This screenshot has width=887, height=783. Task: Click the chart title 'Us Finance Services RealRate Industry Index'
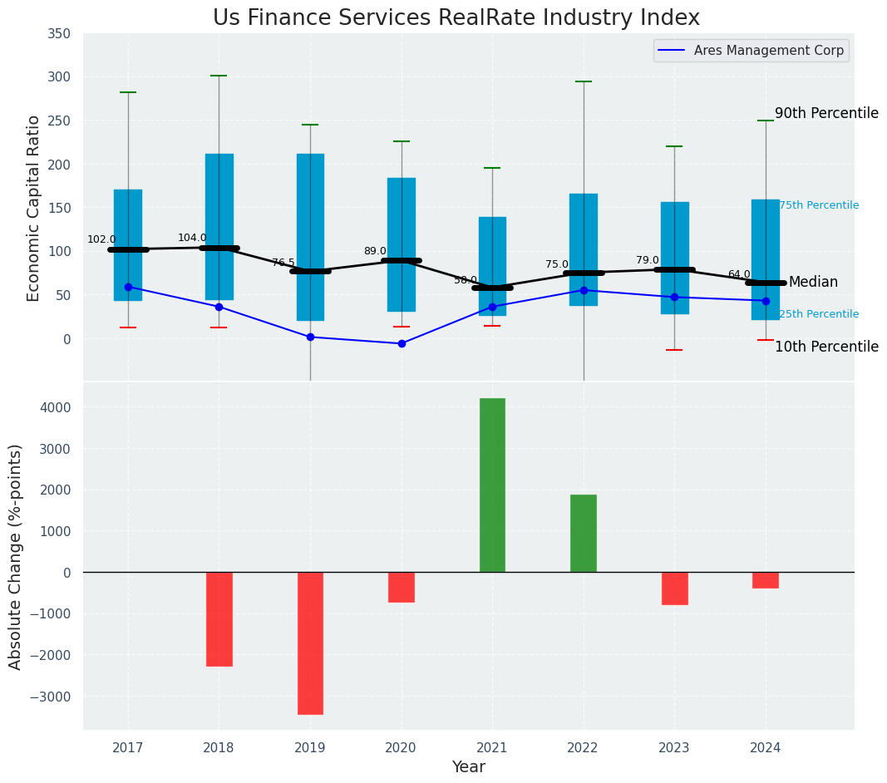(x=456, y=18)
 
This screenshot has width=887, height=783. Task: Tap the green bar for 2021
(x=492, y=485)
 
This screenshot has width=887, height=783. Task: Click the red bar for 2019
(x=310, y=643)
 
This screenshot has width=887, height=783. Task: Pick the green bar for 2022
(x=583, y=533)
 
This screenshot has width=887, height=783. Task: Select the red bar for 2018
(x=219, y=618)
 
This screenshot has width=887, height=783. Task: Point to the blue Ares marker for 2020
(x=402, y=343)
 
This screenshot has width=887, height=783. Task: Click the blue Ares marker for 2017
(x=128, y=287)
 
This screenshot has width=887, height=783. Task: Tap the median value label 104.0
(x=192, y=239)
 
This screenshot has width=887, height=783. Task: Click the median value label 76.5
(x=283, y=263)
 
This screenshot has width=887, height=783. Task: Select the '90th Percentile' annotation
(x=826, y=114)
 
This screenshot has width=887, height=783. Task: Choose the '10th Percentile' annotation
(x=826, y=347)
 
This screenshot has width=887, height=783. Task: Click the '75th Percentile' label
(x=819, y=206)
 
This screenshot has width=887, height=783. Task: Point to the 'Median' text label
(x=813, y=283)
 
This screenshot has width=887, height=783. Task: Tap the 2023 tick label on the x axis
(x=674, y=748)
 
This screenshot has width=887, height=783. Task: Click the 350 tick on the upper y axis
(x=59, y=33)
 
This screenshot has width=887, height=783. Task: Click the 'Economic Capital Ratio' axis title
(x=34, y=208)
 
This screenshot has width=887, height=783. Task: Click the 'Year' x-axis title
(x=469, y=767)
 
